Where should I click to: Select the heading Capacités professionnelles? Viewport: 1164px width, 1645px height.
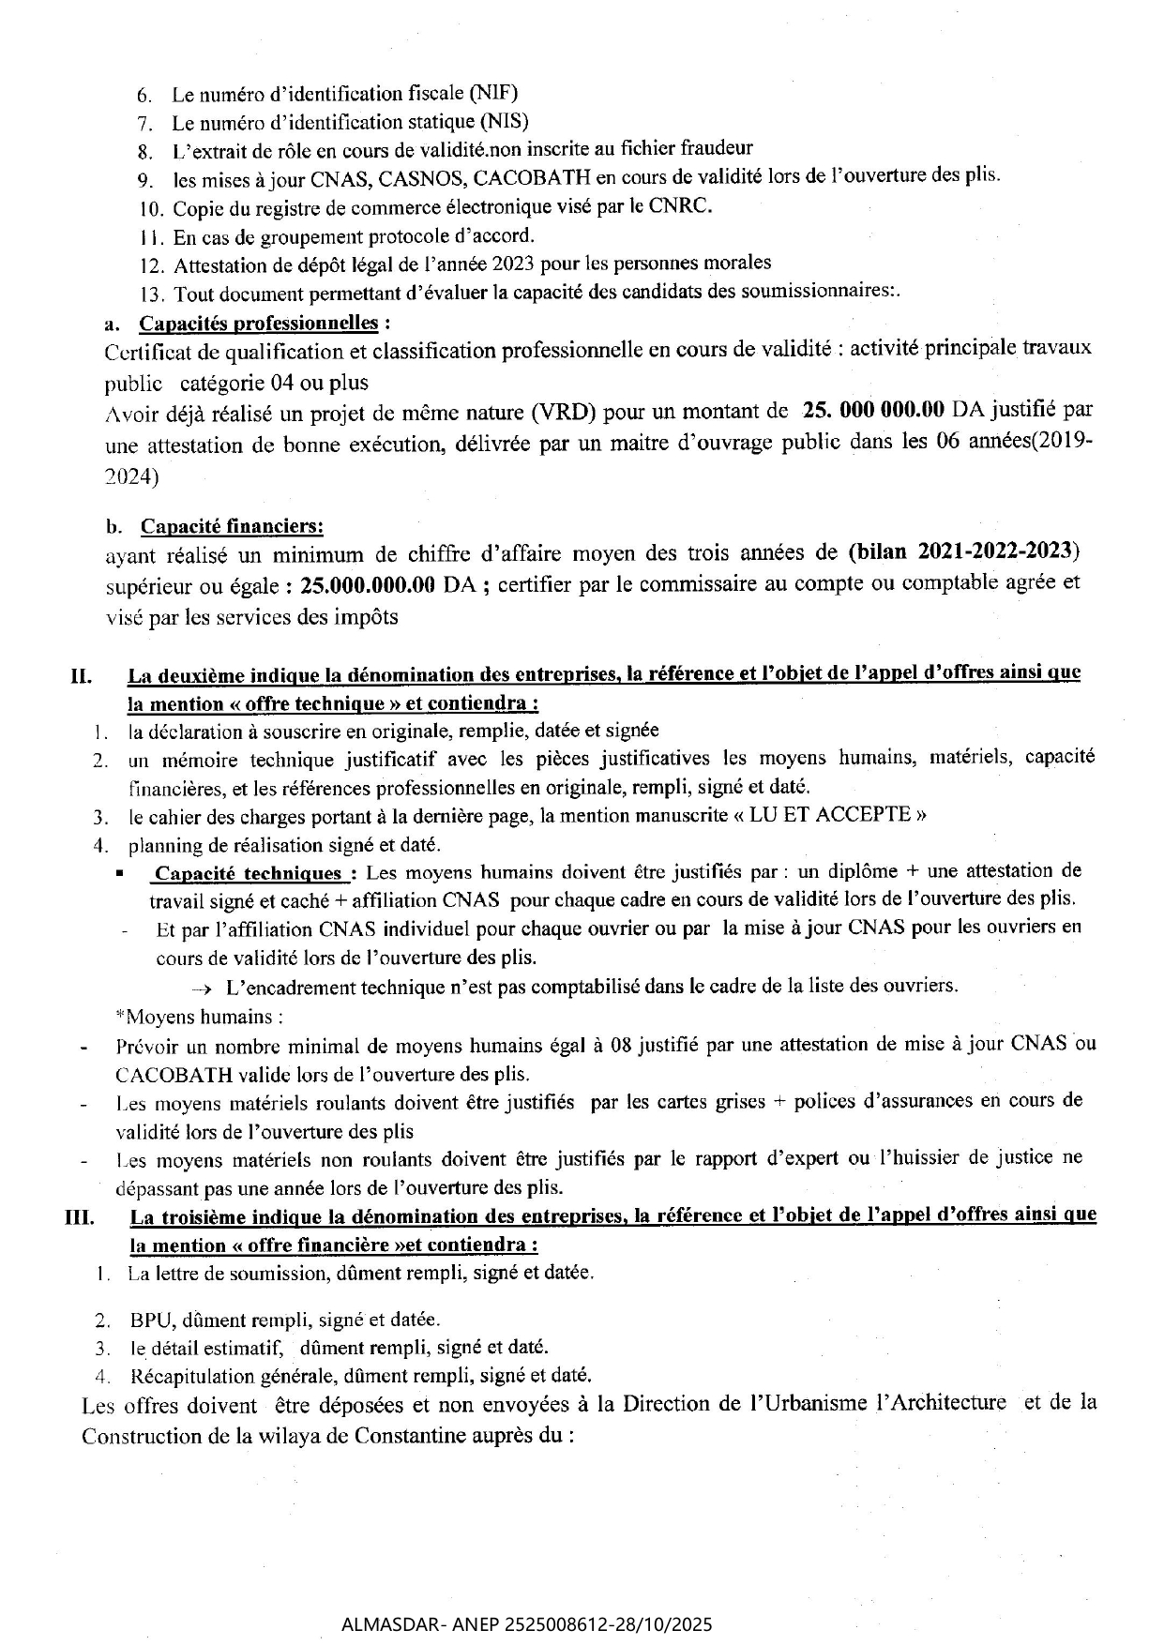tap(259, 324)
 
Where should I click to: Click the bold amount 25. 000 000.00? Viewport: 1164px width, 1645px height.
tap(873, 410)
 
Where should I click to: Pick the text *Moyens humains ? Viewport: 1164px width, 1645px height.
tap(199, 1017)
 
